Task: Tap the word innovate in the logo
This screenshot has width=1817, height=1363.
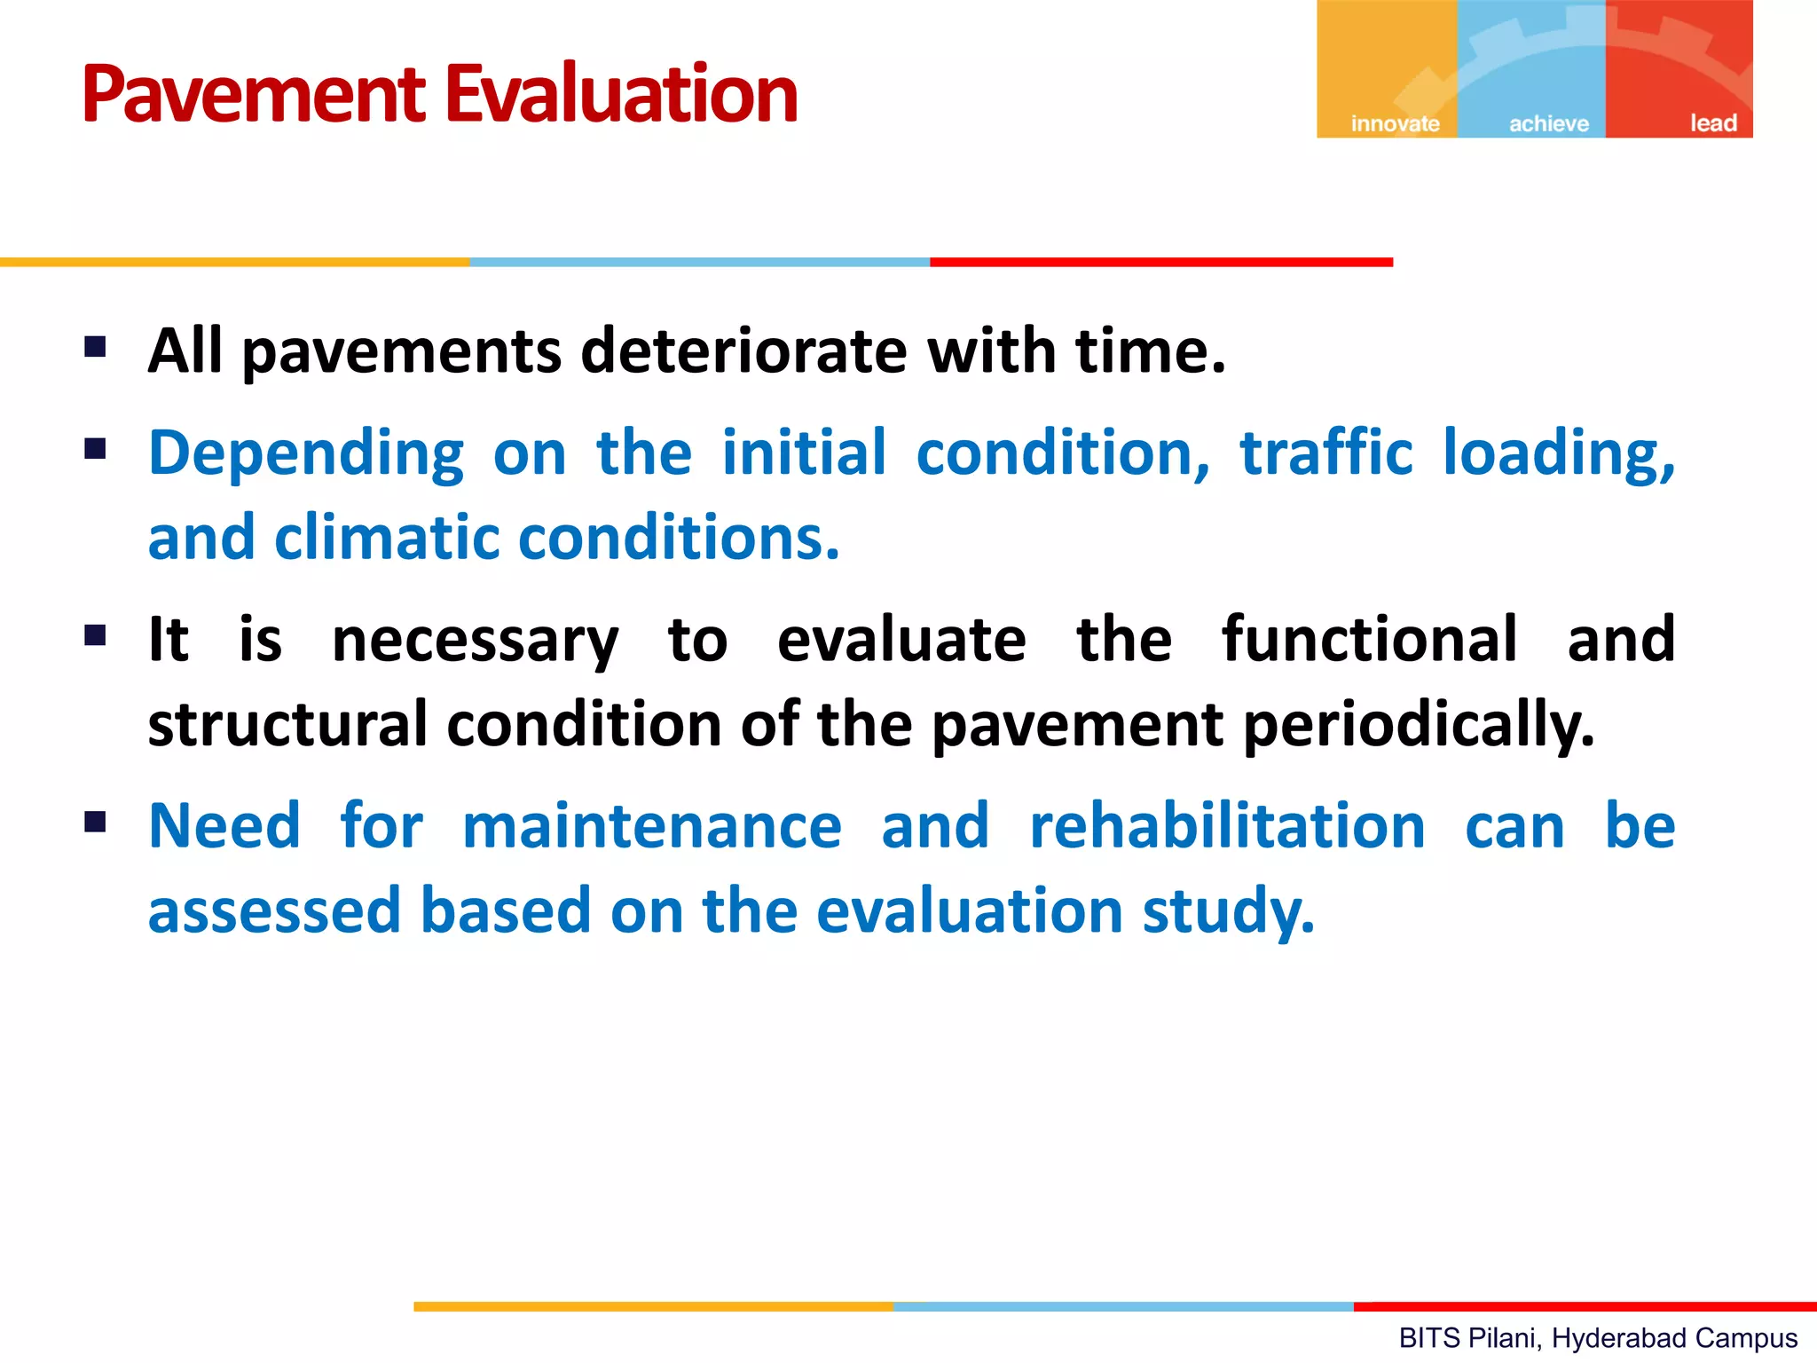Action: [1395, 123]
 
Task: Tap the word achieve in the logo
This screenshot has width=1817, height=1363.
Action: [1549, 123]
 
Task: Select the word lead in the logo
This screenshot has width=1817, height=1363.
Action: [1712, 123]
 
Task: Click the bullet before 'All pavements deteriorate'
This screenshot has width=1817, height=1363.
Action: [96, 346]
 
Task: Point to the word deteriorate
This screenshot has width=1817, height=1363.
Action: [743, 351]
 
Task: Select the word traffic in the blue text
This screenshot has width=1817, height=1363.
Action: [1325, 453]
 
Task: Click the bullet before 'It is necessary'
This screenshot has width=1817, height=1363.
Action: [96, 635]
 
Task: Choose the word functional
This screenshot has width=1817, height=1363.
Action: [1369, 639]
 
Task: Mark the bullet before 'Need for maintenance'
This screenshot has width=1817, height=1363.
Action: [96, 822]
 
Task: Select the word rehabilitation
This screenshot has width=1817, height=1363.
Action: [1227, 826]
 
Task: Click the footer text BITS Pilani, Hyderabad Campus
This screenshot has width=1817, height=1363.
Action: [1598, 1337]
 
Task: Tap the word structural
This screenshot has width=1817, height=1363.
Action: [287, 724]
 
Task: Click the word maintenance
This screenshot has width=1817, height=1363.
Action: [651, 826]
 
